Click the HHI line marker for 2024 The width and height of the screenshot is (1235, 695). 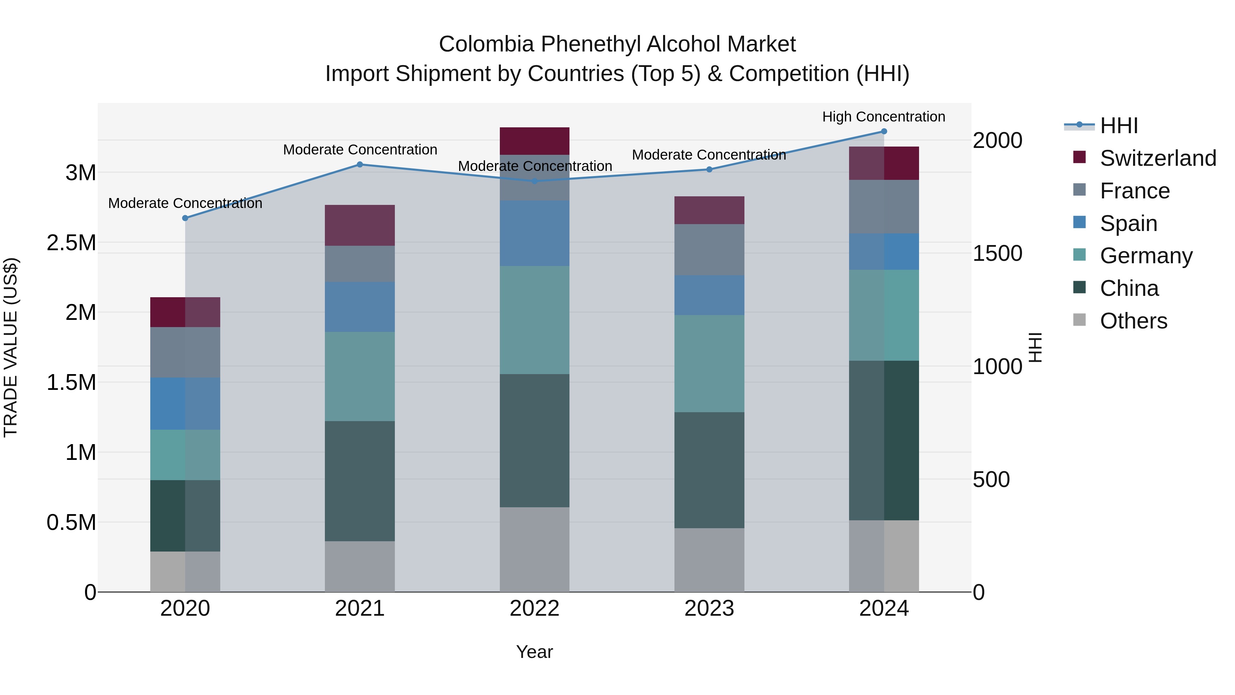click(884, 131)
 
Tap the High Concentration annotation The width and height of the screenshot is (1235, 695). click(884, 117)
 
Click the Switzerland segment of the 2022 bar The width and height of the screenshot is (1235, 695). click(534, 141)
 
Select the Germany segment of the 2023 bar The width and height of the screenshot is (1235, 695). click(709, 363)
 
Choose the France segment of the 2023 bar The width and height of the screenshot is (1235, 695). click(709, 250)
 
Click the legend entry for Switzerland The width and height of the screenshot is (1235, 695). click(1158, 158)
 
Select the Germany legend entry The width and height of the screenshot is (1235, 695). click(1146, 256)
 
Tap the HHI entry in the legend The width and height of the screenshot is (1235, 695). click(1118, 126)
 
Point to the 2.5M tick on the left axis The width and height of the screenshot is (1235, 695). click(71, 243)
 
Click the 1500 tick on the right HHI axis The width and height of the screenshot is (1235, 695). click(997, 253)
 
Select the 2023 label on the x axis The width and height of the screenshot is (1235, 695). click(709, 609)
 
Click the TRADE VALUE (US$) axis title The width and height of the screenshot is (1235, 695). click(11, 347)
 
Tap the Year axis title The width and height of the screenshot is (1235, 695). click(534, 652)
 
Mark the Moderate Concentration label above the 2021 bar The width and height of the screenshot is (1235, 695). click(360, 150)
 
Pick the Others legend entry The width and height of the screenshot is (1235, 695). click(1133, 321)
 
